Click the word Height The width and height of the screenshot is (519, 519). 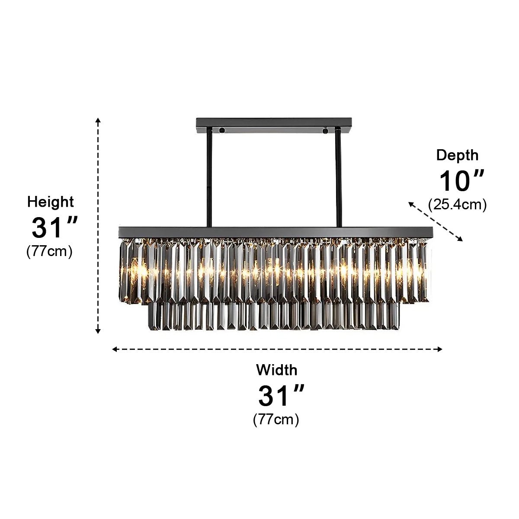[x=51, y=202]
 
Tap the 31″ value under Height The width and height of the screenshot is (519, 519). [x=54, y=227]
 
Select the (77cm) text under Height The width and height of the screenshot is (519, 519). [x=49, y=251]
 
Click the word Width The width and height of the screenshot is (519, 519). [x=277, y=370]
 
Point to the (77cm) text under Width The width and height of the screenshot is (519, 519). [x=276, y=419]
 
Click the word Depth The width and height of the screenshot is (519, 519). [x=457, y=155]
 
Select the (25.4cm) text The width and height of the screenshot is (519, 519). [x=457, y=204]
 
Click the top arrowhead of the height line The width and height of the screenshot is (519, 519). [x=98, y=120]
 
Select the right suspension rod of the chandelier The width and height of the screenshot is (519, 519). [x=338, y=177]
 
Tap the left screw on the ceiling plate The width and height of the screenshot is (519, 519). [x=222, y=129]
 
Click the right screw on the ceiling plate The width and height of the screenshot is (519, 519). [x=325, y=129]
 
